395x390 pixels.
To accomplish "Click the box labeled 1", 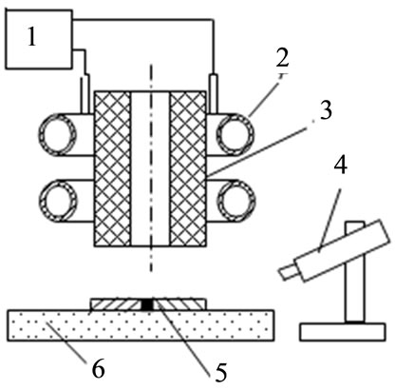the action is [39, 39].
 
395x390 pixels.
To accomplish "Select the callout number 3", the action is [326, 110].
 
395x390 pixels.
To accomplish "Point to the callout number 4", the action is [340, 166].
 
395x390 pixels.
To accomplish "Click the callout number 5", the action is [219, 373].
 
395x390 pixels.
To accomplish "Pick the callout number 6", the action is [98, 369].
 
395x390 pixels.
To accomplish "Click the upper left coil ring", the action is [59, 134].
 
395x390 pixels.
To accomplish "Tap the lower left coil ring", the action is [59, 201].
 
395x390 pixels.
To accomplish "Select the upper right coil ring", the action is [236, 134].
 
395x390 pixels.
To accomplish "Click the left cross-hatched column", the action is [113, 169].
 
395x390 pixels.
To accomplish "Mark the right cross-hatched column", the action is [188, 169].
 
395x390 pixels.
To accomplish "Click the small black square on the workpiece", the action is [147, 304].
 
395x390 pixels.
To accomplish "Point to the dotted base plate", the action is [141, 325].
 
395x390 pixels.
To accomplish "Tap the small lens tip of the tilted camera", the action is [288, 272].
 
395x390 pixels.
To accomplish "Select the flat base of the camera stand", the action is [343, 332].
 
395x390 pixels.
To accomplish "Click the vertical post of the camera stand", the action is [355, 272].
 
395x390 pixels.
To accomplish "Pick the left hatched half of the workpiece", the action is [116, 304].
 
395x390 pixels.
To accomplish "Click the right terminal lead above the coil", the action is [214, 93].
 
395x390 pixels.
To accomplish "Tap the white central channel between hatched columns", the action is [151, 169].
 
